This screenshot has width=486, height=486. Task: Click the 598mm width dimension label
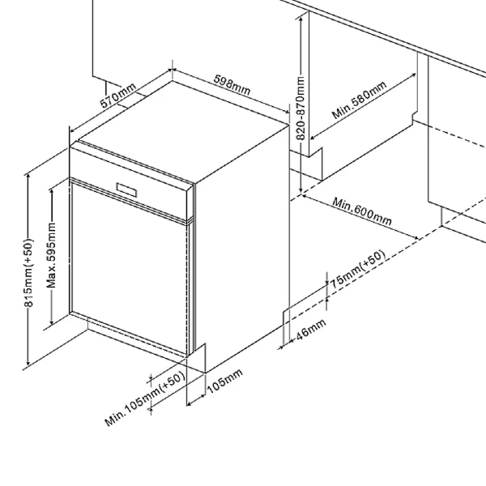pos(232,83)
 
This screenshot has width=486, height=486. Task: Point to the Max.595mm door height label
pos(52,255)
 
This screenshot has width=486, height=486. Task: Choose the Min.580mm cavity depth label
pos(360,100)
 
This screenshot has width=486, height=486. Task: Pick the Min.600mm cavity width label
pos(362,211)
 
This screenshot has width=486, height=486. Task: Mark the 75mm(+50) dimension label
pos(356,271)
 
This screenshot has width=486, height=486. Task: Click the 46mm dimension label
pos(310,331)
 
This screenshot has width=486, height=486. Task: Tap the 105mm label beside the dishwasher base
pos(224,386)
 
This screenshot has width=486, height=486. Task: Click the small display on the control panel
pos(128,188)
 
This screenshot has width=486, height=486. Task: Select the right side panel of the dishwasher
pos(243,235)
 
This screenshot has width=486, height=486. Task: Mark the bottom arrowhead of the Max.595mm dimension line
pos(52,322)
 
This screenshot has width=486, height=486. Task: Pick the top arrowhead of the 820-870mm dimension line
pos(301,18)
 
